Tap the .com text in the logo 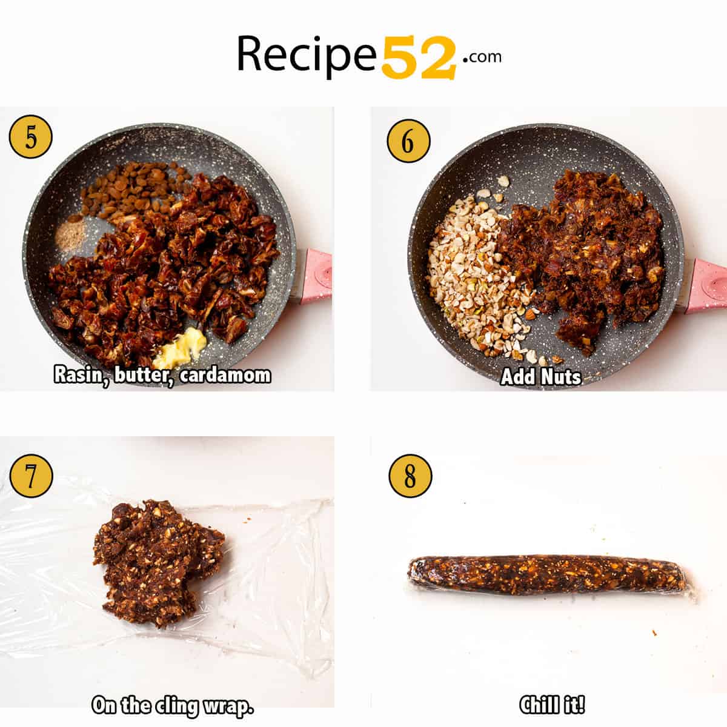tap(483, 57)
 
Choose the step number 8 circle tap(410, 476)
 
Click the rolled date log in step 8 tap(548, 574)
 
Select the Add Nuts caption tap(540, 377)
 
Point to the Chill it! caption tap(551, 705)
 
